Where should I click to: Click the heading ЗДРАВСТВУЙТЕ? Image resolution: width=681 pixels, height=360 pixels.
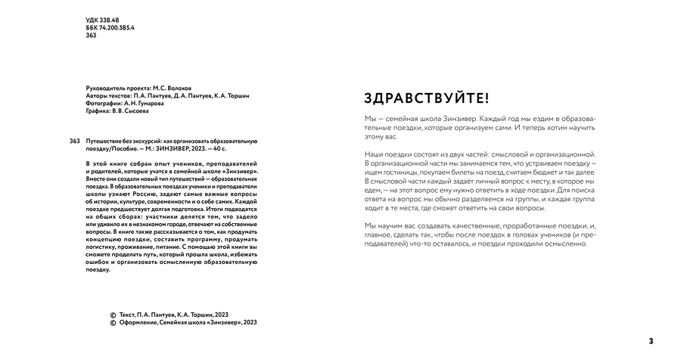click(x=427, y=98)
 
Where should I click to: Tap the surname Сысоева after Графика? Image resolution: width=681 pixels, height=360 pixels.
click(x=134, y=111)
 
